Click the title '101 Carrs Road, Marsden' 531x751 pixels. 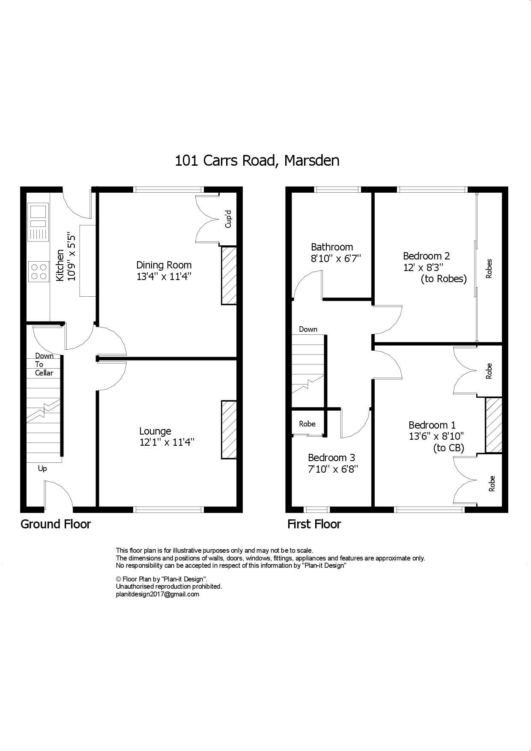257,161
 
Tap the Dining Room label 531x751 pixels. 164,265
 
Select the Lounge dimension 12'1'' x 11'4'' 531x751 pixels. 167,442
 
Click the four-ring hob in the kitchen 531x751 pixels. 38,271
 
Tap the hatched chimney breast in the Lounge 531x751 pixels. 229,429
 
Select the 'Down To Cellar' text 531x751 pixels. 44,364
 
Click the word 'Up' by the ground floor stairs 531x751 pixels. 42,468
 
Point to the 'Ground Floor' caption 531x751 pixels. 56,524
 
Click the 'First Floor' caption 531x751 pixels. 314,524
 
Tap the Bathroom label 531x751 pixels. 332,247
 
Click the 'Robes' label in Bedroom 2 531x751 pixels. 489,268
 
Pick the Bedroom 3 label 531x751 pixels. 331,458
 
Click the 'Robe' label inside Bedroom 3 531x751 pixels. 307,424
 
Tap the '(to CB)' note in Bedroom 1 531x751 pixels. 448,448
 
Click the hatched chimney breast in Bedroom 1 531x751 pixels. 493,425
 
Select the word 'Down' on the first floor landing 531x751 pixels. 308,329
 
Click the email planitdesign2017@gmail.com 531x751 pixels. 157,594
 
